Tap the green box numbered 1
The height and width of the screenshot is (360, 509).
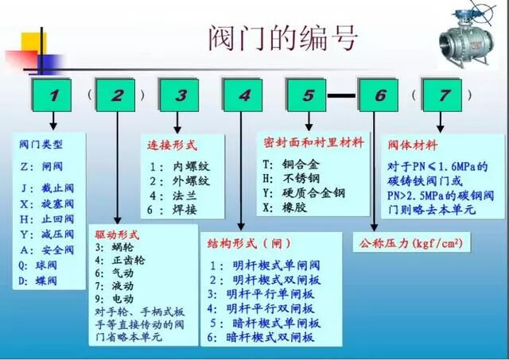coord(53,95)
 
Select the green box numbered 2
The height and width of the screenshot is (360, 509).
coord(118,95)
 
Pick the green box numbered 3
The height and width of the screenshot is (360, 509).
coord(181,95)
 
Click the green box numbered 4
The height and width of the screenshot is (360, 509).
coord(243,95)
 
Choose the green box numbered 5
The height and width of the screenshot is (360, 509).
coord(307,95)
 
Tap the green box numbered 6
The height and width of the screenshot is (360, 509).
coord(379,95)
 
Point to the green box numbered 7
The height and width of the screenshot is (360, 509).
coord(443,95)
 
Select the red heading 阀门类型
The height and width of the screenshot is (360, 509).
coord(41,145)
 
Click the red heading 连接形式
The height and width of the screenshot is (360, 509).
coord(172,145)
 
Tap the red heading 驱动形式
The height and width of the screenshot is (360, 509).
coord(117,235)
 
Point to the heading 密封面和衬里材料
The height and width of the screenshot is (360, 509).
coord(313,143)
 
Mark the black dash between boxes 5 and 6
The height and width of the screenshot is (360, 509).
coord(343,95)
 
